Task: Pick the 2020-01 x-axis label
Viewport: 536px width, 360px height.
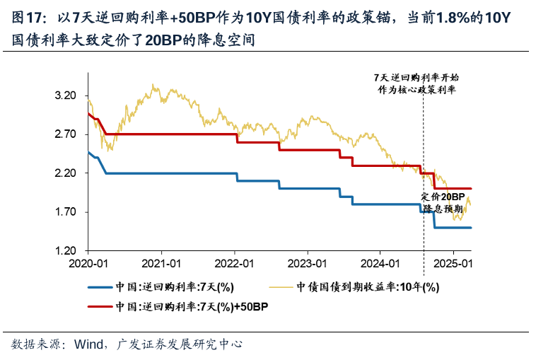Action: pos(88,264)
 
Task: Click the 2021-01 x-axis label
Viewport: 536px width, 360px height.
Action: pos(161,264)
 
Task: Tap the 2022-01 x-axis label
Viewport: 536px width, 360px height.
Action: pos(235,264)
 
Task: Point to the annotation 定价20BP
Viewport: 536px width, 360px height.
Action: pos(443,196)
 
